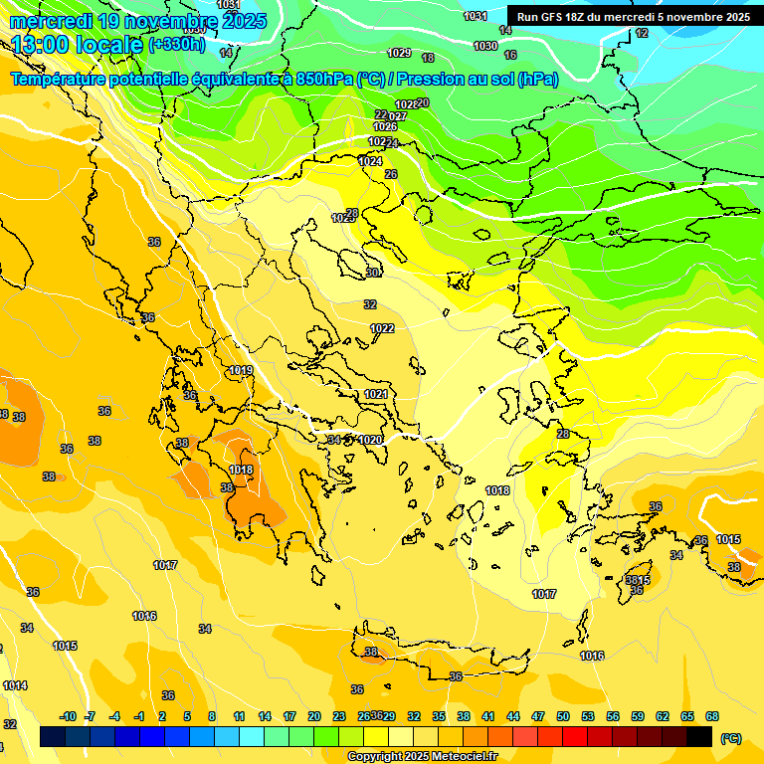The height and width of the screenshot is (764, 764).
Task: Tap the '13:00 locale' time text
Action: pos(78,45)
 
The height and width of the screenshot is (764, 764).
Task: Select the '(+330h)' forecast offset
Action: pos(177,45)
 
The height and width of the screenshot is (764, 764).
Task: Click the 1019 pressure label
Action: pos(241,371)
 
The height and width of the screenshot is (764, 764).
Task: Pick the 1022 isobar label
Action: pos(382,328)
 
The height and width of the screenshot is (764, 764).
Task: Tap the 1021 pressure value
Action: pos(375,395)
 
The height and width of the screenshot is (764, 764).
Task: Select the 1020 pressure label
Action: pos(370,440)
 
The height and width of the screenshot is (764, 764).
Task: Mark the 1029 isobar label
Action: pos(399,53)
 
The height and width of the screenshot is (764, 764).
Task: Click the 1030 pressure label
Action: pos(485,46)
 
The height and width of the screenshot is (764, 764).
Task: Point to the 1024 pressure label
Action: pos(370,161)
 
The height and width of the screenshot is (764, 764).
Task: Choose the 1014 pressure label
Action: pos(15,685)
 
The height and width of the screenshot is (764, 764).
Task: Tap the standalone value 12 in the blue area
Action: pos(642,34)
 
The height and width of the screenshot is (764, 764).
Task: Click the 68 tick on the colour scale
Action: pos(712,716)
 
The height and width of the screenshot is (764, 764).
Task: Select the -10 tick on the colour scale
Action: pos(68,716)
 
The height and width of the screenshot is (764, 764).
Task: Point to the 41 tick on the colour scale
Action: pos(487,716)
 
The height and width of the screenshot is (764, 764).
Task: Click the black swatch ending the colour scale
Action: pos(699,736)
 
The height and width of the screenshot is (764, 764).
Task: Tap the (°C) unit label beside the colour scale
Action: pos(730,737)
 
